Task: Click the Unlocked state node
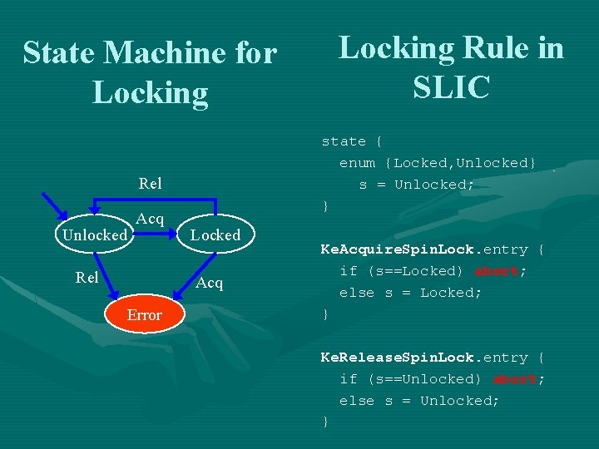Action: click(x=95, y=235)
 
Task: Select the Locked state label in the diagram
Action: click(x=215, y=235)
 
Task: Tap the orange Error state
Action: click(x=144, y=315)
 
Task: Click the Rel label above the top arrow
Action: click(x=150, y=183)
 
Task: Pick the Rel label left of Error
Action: click(x=87, y=278)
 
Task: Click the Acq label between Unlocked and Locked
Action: click(x=150, y=219)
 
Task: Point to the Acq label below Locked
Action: click(x=210, y=283)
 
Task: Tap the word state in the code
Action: click(x=344, y=141)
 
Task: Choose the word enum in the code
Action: click(x=357, y=163)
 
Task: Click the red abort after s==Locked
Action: click(x=497, y=271)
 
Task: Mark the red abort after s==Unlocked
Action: click(x=515, y=379)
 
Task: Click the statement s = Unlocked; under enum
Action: click(x=417, y=185)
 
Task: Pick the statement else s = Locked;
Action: click(x=410, y=293)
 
